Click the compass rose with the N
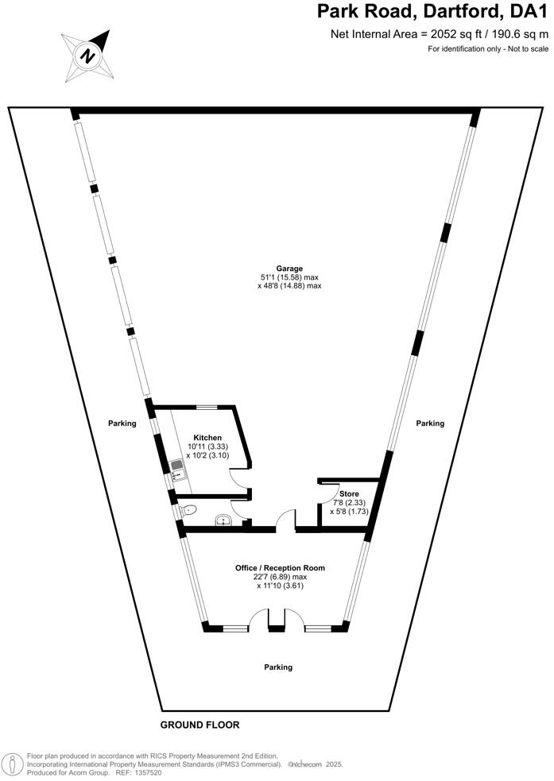[x=87, y=55]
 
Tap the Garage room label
[x=290, y=269]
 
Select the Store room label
[x=349, y=493]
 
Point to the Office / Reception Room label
[x=280, y=568]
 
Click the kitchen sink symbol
[x=176, y=470]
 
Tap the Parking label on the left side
[x=122, y=423]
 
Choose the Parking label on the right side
[x=430, y=423]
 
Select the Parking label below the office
[x=278, y=667]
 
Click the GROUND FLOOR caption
[x=200, y=725]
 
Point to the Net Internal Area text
[x=439, y=34]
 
